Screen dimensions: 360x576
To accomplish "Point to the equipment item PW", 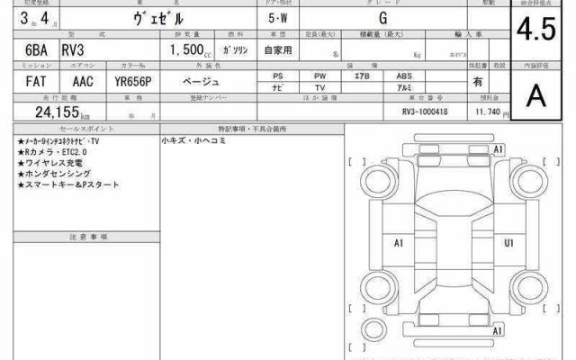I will pyautogui.click(x=319, y=76).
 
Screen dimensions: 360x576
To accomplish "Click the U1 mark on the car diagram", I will pyautogui.click(x=508, y=243).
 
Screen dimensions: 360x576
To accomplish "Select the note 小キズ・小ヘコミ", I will pyautogui.click(x=194, y=141).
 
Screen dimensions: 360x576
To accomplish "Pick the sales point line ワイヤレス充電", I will pyautogui.click(x=51, y=163).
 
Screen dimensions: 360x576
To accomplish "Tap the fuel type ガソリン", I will pyautogui.click(x=237, y=52).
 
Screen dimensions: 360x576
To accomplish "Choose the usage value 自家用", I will pyautogui.click(x=277, y=52).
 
